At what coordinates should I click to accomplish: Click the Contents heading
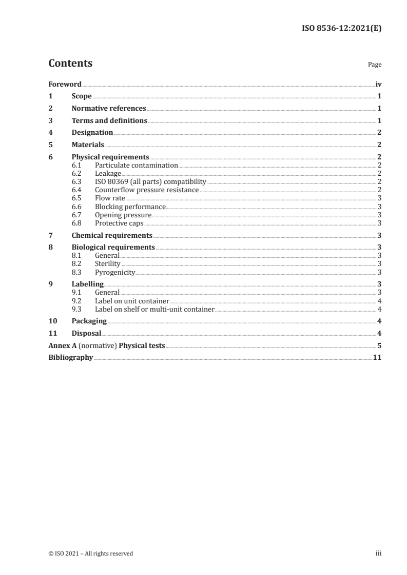click(70, 64)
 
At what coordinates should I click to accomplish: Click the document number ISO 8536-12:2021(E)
click(341, 29)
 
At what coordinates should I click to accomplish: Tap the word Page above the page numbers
click(375, 65)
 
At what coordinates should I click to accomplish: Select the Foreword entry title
click(65, 84)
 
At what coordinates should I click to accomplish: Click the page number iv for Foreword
click(378, 84)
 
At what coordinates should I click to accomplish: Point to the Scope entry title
click(82, 96)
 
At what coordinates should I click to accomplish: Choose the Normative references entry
click(109, 109)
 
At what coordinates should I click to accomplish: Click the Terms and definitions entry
click(109, 121)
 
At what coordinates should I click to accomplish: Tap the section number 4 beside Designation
click(50, 133)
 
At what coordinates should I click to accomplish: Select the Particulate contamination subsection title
click(136, 166)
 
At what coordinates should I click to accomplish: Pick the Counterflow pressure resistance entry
click(147, 190)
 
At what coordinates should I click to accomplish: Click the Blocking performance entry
click(130, 207)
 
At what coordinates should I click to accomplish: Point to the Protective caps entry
click(119, 223)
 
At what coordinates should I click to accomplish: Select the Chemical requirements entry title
click(112, 235)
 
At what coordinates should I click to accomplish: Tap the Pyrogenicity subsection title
click(115, 272)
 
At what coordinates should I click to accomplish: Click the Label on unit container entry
click(132, 301)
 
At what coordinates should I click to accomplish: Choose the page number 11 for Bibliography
click(377, 358)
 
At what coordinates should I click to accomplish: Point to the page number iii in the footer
click(378, 553)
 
